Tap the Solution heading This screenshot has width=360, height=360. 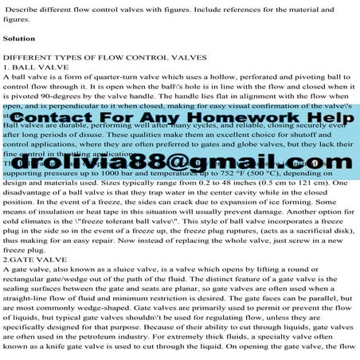18,37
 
